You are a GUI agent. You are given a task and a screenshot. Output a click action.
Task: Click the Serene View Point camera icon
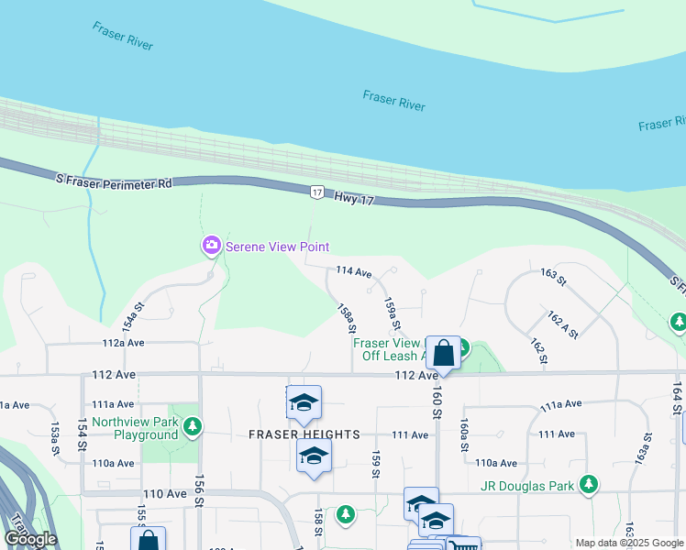point(212,246)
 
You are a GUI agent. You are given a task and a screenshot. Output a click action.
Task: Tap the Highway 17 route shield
point(316,192)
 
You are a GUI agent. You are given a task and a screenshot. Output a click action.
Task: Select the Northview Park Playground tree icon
point(193,426)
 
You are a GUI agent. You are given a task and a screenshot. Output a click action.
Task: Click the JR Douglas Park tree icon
point(589,484)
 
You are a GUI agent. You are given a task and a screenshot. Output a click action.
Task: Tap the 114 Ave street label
point(354,272)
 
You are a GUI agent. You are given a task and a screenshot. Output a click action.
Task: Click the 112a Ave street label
point(124,343)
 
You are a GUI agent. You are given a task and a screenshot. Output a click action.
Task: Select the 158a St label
point(347,318)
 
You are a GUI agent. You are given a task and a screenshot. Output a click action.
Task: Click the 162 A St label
point(562,324)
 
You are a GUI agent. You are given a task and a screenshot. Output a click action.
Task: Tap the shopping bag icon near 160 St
point(443,353)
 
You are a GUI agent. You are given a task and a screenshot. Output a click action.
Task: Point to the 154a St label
point(135,318)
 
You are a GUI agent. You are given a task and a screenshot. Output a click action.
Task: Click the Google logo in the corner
point(30,539)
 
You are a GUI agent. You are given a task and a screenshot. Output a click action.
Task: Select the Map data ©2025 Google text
point(630,544)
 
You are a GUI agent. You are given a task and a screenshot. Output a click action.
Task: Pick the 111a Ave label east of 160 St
point(561,404)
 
